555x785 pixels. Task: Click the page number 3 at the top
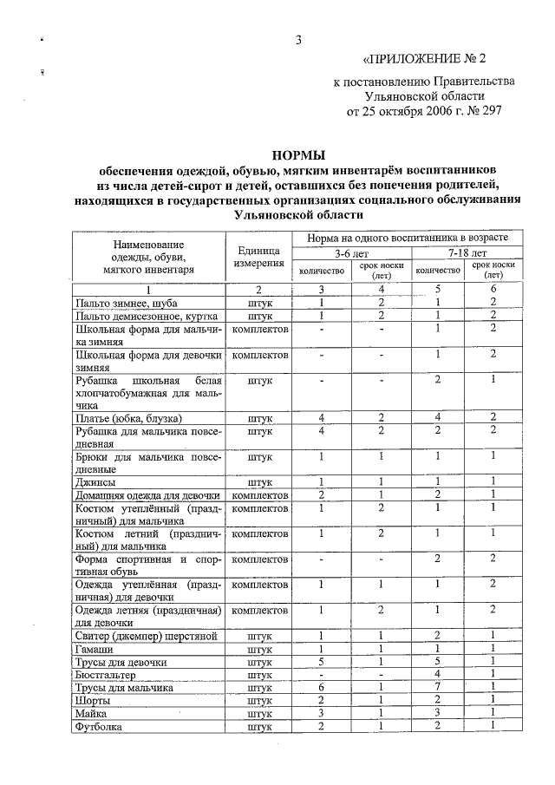click(297, 40)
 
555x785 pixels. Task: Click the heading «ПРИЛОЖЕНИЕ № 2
click(425, 60)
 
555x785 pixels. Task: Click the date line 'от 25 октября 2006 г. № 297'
click(424, 111)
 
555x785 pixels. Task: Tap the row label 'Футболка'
click(99, 726)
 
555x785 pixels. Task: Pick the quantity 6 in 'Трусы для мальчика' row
click(321, 687)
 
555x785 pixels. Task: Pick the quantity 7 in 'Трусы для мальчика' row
click(438, 687)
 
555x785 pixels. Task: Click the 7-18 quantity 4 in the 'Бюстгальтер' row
click(438, 674)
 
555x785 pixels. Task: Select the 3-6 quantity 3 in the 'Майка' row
click(321, 713)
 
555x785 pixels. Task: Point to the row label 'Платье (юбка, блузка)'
click(128, 418)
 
